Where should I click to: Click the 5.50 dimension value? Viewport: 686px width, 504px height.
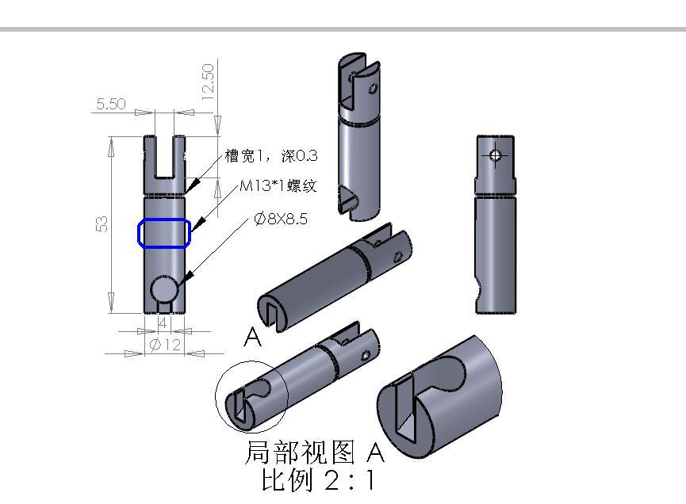110,104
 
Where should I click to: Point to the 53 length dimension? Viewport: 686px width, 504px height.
102,224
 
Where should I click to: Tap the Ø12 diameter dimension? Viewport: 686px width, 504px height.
166,345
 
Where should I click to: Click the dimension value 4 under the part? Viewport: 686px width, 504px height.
163,323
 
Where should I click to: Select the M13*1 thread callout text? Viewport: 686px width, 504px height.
278,186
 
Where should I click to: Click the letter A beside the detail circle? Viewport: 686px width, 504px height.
252,338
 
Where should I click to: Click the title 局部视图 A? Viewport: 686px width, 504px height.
314,452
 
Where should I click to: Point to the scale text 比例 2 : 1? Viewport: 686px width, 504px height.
317,480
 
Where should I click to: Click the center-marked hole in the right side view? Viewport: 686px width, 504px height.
496,155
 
